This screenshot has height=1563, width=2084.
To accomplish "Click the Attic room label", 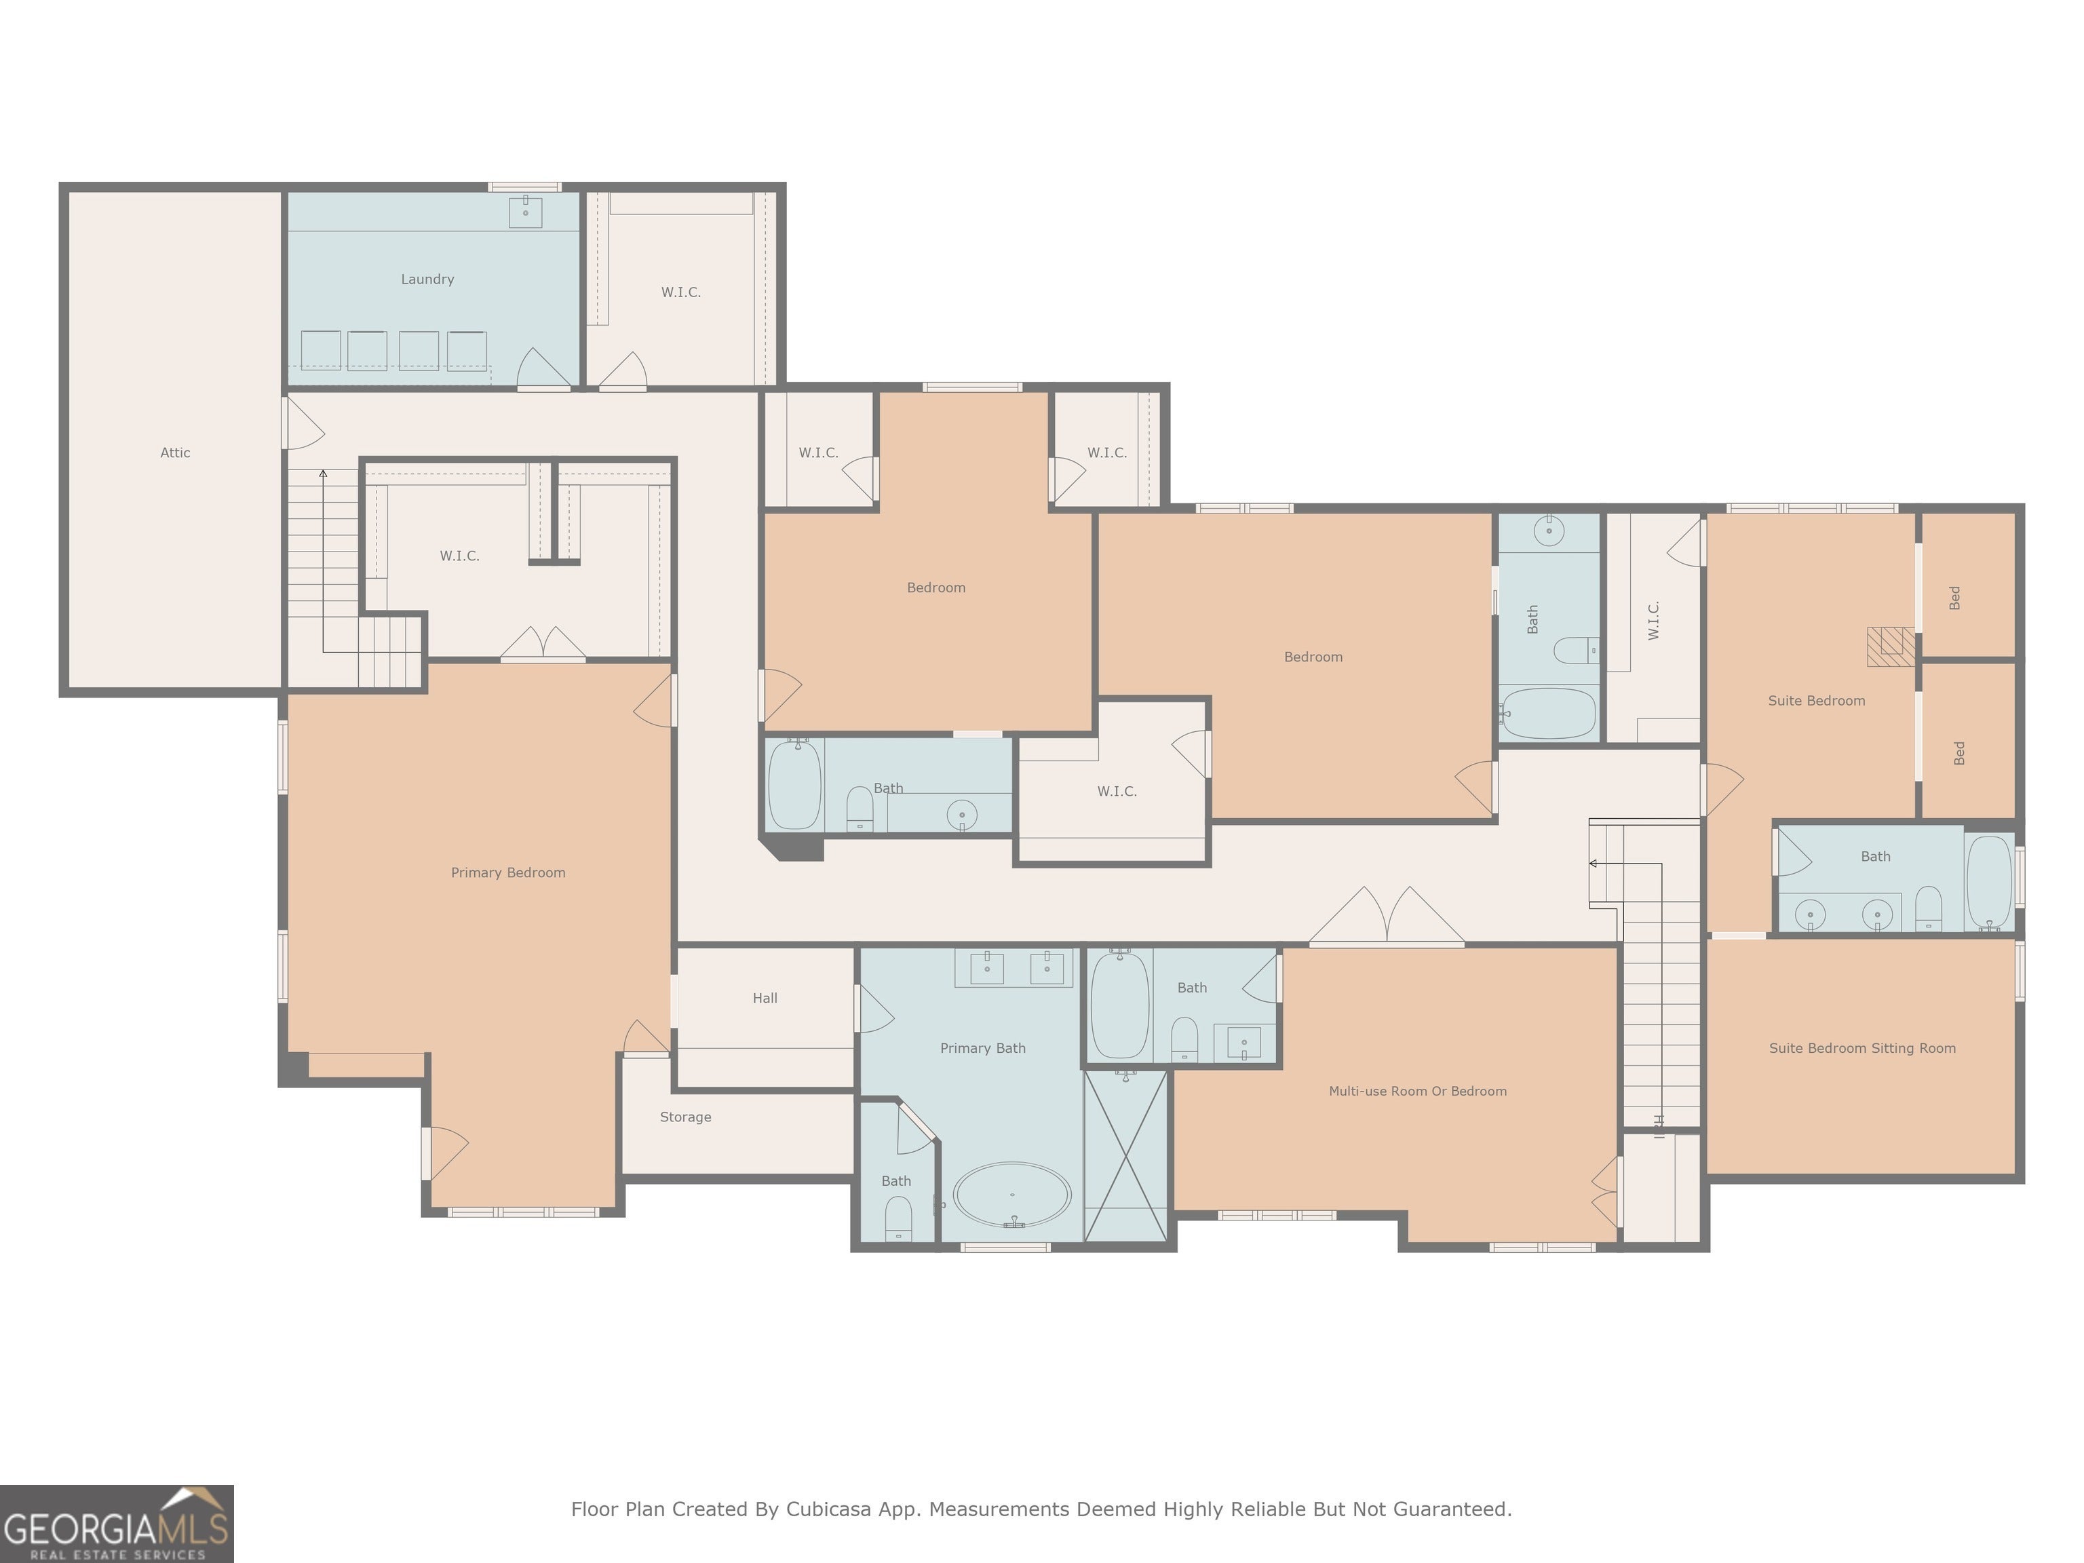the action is [175, 452].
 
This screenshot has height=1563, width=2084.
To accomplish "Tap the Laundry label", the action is [428, 279].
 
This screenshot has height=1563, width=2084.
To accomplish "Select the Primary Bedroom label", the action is [508, 872].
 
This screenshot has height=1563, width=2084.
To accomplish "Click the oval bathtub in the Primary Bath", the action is [1012, 1195].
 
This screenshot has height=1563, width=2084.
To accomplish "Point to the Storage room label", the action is [685, 1117].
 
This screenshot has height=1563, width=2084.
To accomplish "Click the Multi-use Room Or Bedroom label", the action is [1417, 1091].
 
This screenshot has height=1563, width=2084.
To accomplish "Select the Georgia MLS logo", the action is [117, 1524].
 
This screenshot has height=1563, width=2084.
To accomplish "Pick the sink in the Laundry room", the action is [525, 212].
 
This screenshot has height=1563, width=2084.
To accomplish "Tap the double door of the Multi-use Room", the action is [1386, 916].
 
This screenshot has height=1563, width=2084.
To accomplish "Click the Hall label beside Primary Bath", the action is [765, 998].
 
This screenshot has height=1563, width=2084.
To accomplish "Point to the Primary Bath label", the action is [983, 1047].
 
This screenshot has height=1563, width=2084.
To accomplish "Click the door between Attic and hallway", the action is [303, 423].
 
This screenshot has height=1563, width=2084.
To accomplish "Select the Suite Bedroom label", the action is [1817, 700].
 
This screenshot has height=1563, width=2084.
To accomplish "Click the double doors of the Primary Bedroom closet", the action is [543, 644].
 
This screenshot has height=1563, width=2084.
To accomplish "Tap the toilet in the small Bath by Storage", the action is [898, 1218].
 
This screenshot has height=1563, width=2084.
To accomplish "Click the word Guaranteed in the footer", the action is [1453, 1509].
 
